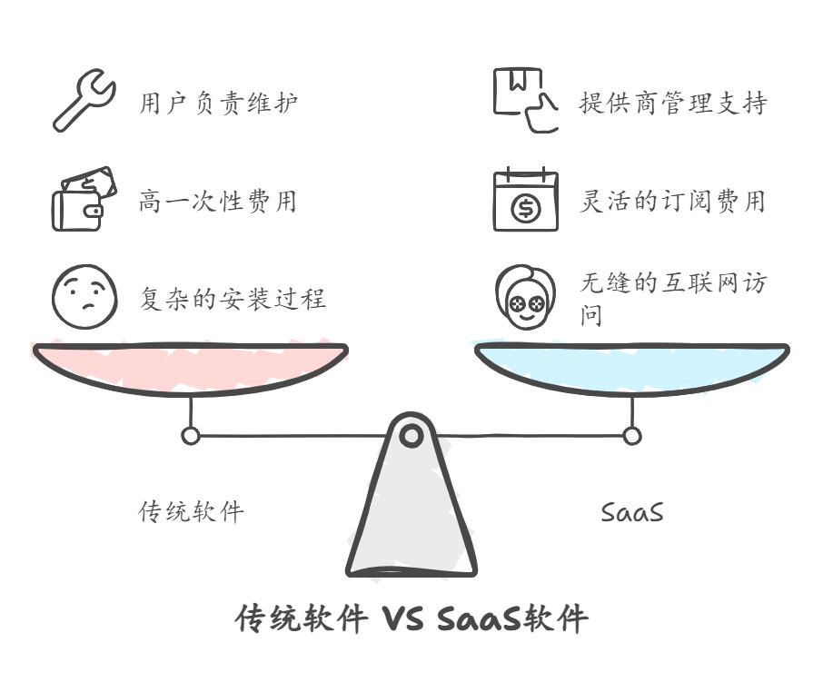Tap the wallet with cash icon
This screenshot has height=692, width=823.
[x=84, y=199]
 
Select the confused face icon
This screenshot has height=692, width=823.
[x=84, y=297]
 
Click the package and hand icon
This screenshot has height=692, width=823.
[x=525, y=100]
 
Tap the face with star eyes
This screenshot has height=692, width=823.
[x=525, y=297]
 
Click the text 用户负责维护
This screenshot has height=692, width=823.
[x=218, y=103]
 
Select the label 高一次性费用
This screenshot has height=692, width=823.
[x=218, y=201]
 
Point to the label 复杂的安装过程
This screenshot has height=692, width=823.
[x=233, y=299]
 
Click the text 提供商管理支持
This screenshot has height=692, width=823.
[x=673, y=103]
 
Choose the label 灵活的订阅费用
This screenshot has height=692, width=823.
[x=672, y=201]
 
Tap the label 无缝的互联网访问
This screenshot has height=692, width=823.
[x=673, y=299]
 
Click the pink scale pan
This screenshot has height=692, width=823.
[x=190, y=368]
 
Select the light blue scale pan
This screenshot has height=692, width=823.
[x=632, y=368]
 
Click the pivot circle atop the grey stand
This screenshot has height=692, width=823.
[x=411, y=435]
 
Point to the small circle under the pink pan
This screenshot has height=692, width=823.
[x=191, y=435]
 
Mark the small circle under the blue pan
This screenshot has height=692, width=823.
[x=632, y=435]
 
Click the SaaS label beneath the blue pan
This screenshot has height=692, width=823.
[x=632, y=512]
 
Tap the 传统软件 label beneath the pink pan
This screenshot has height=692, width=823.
[x=191, y=511]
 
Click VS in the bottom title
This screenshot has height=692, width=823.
[x=402, y=618]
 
